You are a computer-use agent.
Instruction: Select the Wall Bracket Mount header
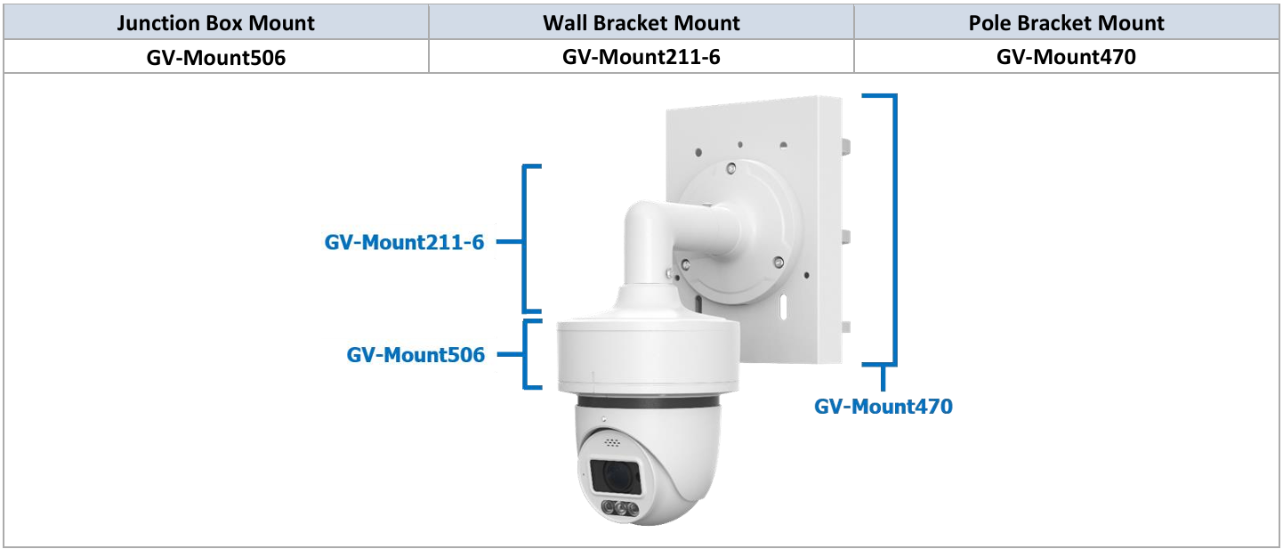click(x=641, y=22)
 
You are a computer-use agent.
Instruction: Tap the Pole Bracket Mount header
click(x=1066, y=22)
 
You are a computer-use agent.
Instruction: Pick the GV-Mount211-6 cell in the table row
click(x=641, y=58)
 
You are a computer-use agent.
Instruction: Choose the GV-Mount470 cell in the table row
click(x=1066, y=58)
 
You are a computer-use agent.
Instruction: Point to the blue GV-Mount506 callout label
click(x=416, y=355)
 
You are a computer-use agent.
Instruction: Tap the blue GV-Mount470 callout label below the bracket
click(x=883, y=407)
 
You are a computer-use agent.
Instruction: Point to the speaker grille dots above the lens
click(x=613, y=441)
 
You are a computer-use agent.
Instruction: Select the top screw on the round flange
click(x=730, y=167)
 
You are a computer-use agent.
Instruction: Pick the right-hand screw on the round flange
click(x=779, y=262)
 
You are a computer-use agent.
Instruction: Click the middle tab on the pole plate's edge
click(x=847, y=237)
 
